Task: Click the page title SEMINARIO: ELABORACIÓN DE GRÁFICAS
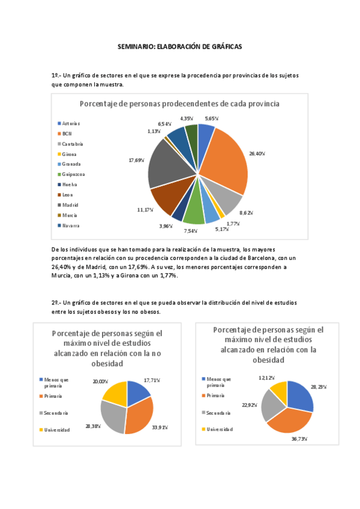(x=179, y=46)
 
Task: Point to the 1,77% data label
(x=233, y=223)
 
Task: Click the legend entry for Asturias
(x=71, y=123)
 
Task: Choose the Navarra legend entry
(x=71, y=225)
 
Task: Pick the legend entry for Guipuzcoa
(x=73, y=174)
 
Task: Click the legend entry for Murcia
(x=70, y=215)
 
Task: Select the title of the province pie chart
(x=179, y=103)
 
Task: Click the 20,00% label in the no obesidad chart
(x=100, y=382)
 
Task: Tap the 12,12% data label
(x=268, y=378)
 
